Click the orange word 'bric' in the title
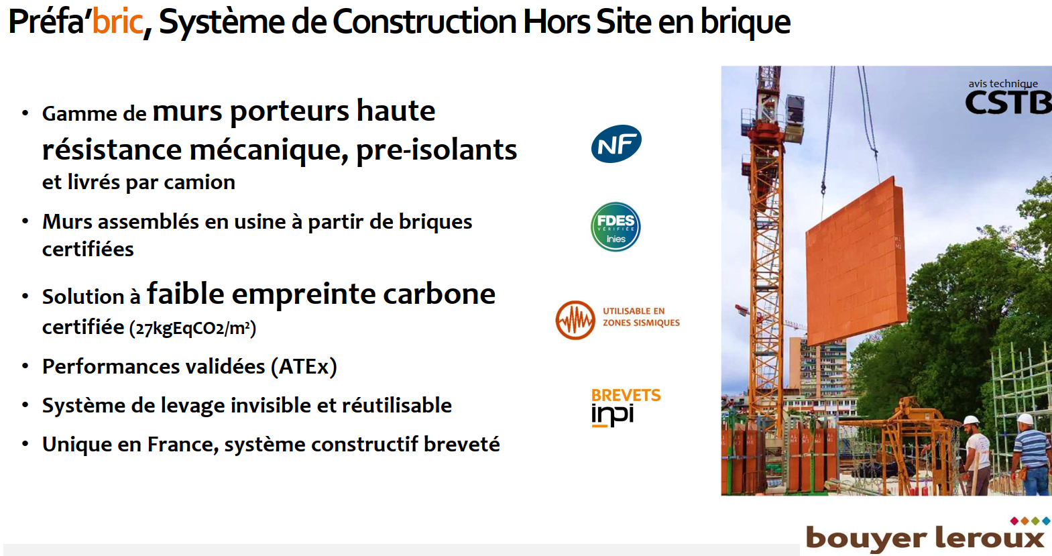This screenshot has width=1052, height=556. click(x=117, y=21)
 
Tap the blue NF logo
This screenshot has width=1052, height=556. click(x=616, y=144)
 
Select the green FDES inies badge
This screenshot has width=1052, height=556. click(x=616, y=227)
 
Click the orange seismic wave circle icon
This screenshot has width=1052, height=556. click(x=575, y=320)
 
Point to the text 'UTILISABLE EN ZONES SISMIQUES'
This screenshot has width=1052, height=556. click(x=641, y=317)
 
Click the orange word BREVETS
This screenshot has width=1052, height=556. click(x=626, y=396)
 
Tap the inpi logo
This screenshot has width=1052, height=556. click(x=612, y=415)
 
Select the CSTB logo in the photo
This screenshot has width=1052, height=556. click(x=1008, y=103)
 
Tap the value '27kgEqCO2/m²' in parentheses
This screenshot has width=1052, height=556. click(x=192, y=328)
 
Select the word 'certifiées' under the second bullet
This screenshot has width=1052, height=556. click(x=88, y=249)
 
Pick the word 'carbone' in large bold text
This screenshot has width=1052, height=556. click(x=439, y=294)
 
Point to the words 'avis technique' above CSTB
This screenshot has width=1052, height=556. click(x=1002, y=84)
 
